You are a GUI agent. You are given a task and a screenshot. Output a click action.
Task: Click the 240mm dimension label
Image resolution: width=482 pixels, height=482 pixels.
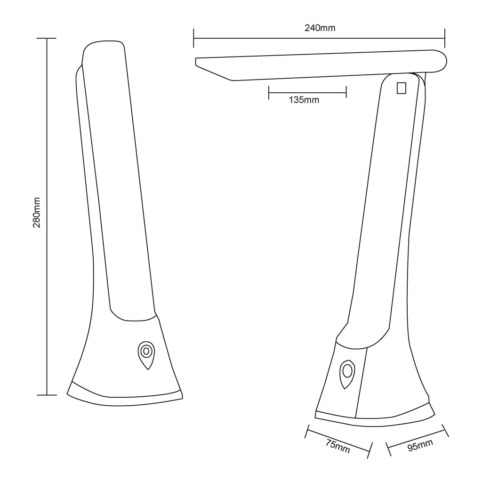pyautogui.click(x=320, y=28)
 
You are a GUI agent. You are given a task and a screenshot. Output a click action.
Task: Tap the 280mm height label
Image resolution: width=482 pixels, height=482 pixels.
pyautogui.click(x=37, y=212)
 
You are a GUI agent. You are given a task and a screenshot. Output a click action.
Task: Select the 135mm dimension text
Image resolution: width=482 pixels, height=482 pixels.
pyautogui.click(x=304, y=100)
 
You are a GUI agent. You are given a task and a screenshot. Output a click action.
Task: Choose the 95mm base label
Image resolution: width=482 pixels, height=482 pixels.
pyautogui.click(x=420, y=445)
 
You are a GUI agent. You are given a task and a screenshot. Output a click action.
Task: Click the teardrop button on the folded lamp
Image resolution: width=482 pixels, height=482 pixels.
pyautogui.click(x=146, y=353)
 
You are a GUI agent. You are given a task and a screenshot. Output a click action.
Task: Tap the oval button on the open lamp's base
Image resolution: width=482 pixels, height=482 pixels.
pyautogui.click(x=347, y=373)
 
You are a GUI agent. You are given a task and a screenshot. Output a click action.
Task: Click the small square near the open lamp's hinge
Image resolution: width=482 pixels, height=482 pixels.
pyautogui.click(x=401, y=88)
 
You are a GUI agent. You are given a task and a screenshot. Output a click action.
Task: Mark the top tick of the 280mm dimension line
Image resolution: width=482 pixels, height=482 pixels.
pyautogui.click(x=47, y=38)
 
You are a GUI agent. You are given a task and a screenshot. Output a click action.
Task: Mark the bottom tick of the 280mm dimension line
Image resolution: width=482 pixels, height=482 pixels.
pyautogui.click(x=47, y=395)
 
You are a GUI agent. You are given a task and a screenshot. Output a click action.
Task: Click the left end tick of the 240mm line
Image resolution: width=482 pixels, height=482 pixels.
pyautogui.click(x=193, y=38)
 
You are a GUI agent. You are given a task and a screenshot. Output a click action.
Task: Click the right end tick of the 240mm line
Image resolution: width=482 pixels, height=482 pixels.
pyautogui.click(x=445, y=38)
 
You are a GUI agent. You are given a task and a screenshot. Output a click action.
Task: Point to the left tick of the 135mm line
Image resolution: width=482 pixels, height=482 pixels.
pyautogui.click(x=269, y=92)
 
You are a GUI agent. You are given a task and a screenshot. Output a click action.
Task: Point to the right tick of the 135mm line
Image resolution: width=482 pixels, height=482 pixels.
pyautogui.click(x=346, y=92)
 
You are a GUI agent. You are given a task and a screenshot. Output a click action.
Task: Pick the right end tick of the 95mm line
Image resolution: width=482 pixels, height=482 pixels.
pyautogui.click(x=445, y=430)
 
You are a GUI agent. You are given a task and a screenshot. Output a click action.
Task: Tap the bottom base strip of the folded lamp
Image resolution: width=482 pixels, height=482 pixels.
pyautogui.click(x=125, y=398)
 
